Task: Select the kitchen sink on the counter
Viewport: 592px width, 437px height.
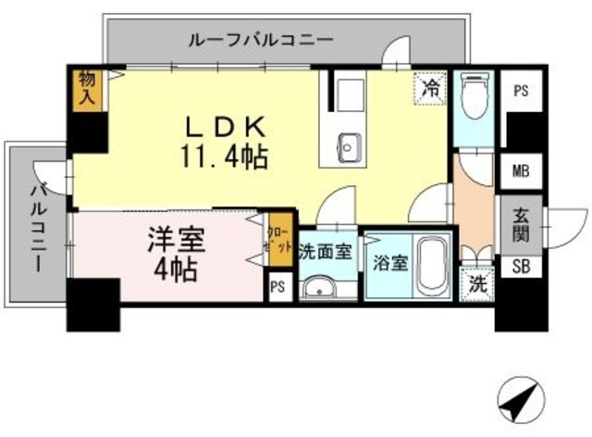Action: point(349,146)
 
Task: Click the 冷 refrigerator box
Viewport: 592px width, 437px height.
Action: point(430,88)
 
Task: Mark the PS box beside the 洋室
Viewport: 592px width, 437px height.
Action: point(277,286)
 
